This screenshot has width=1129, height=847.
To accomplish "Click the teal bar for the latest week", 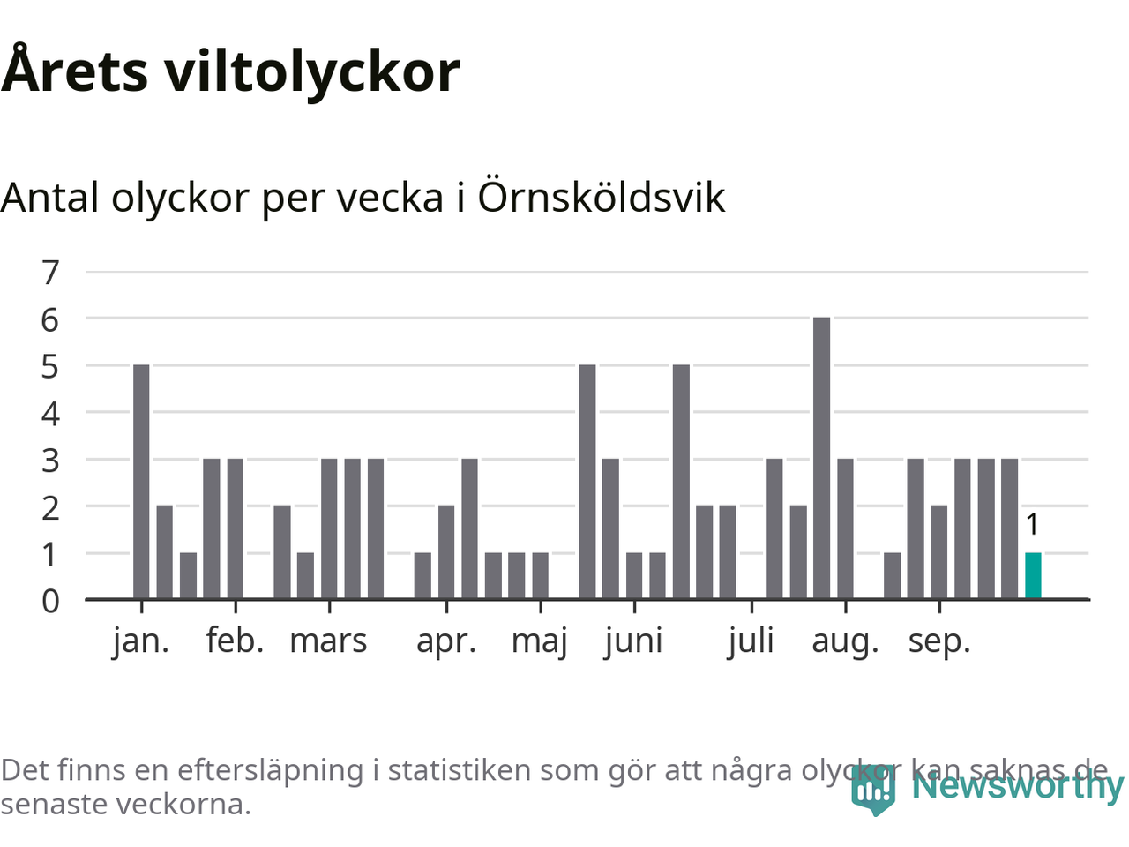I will point(1033,576).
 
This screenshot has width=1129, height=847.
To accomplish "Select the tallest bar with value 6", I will point(821,458).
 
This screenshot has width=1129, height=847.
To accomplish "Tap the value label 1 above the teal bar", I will point(1033,525).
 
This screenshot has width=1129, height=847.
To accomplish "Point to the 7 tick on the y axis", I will point(50,273).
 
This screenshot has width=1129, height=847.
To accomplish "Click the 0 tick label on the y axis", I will point(50,601).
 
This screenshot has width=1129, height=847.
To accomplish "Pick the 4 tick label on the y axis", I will point(50,413).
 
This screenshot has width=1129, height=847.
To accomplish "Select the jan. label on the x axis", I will point(141,641).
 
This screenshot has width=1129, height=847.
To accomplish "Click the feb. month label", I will point(236,641).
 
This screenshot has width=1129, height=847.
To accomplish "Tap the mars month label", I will point(328,641).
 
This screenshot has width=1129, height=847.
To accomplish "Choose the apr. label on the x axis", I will point(446,641).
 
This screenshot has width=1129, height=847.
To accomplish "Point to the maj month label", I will point(540,641).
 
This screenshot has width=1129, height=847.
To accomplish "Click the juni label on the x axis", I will point(633,641).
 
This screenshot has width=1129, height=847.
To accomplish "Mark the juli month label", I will point(751,641).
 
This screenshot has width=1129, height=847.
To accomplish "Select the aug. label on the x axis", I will point(845,641).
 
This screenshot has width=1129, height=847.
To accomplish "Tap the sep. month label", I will point(939,641).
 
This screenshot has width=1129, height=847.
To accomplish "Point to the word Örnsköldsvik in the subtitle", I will point(601,197).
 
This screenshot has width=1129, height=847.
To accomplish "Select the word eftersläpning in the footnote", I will point(270,770).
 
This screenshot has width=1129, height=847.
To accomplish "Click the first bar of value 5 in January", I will point(141,482).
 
